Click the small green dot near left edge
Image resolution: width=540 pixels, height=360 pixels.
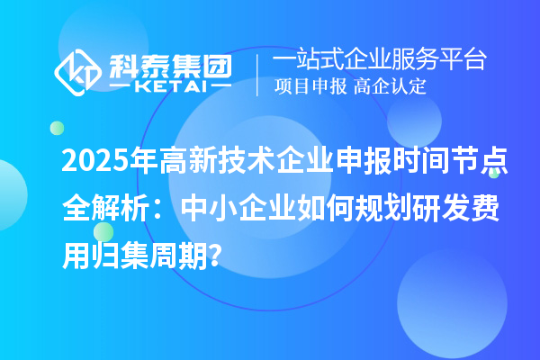click(x=56, y=128)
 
